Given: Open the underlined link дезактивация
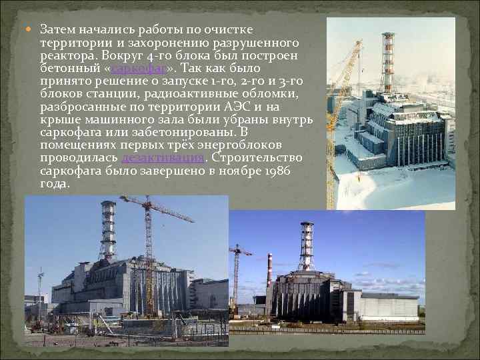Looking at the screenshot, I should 163,158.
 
